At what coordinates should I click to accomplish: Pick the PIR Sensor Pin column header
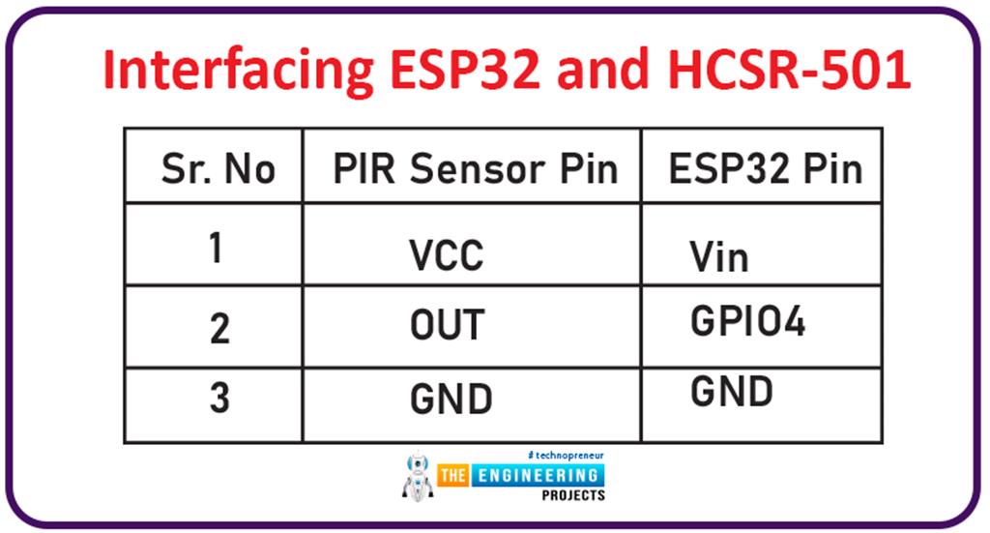(475, 169)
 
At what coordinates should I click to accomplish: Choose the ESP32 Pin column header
(764, 169)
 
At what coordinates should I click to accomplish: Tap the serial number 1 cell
(216, 248)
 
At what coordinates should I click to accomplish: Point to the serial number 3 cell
(219, 398)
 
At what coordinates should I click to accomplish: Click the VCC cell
(446, 256)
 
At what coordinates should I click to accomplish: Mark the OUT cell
(446, 327)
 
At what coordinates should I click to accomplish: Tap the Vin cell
(719, 256)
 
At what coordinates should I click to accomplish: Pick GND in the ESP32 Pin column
(731, 391)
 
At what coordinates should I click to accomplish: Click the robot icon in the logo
(417, 475)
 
